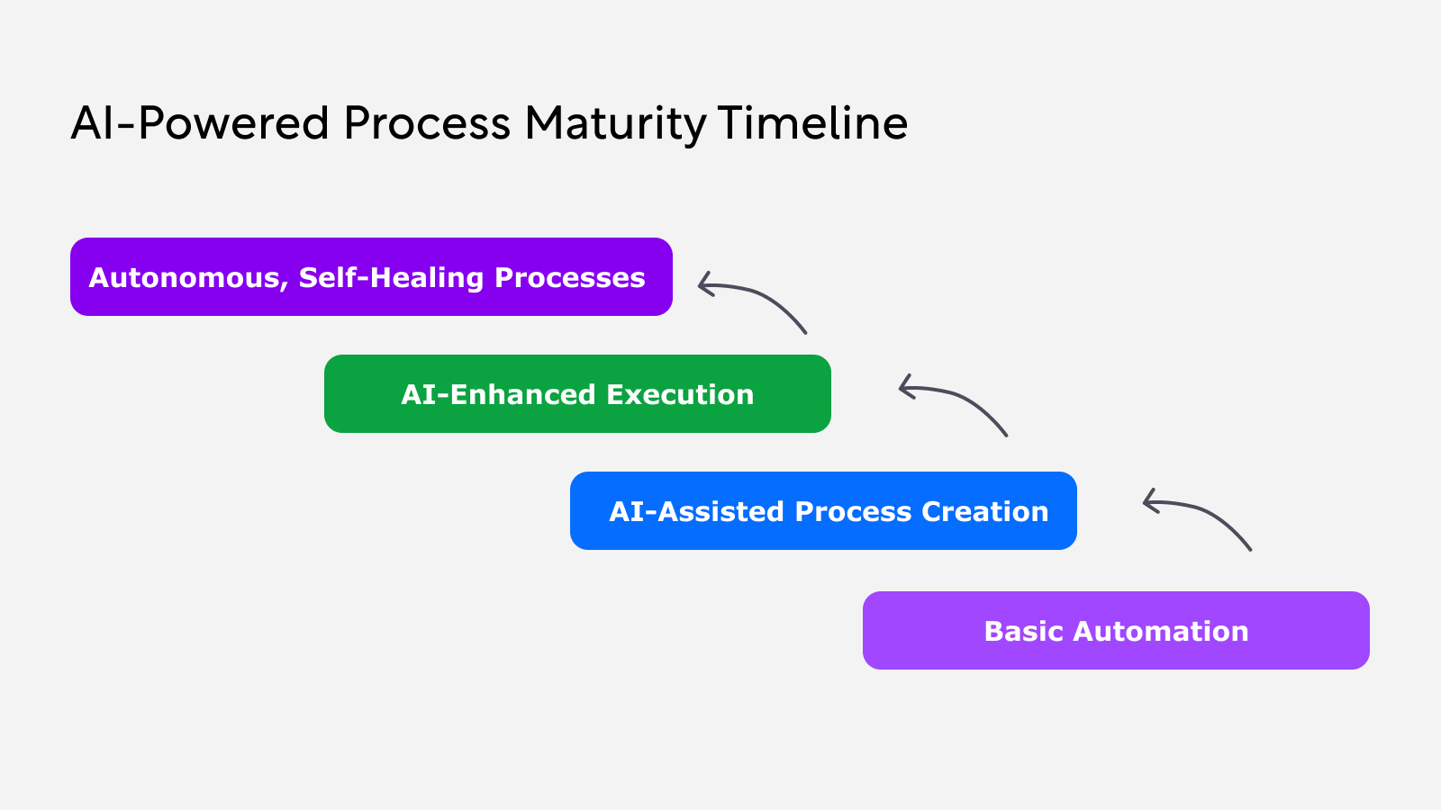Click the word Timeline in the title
click(812, 123)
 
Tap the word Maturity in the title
click(615, 123)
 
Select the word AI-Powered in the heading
click(200, 123)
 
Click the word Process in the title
click(427, 123)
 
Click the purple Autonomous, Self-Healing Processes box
click(371, 277)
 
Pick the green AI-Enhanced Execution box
click(577, 394)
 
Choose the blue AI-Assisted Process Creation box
click(823, 511)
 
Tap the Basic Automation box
click(1116, 631)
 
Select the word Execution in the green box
click(680, 394)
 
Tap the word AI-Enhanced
click(499, 394)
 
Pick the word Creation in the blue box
click(984, 511)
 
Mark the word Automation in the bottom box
click(1161, 631)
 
